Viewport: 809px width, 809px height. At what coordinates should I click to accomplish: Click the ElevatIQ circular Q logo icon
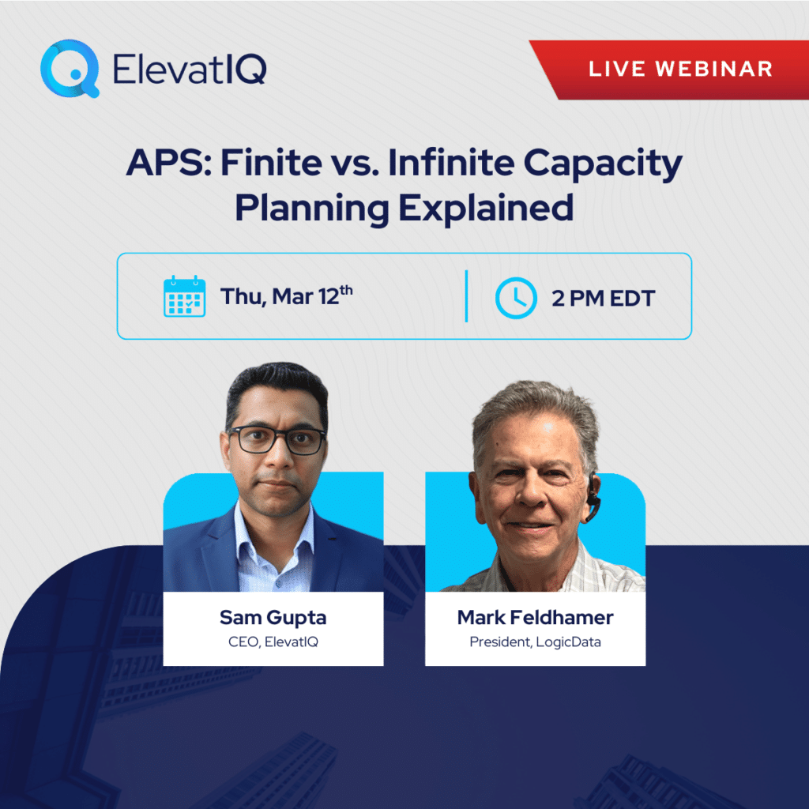(69, 69)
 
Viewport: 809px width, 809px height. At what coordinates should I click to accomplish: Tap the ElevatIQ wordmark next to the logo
(190, 70)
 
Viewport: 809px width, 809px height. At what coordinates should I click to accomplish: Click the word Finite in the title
(272, 163)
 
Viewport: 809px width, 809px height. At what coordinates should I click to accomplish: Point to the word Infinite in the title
(451, 163)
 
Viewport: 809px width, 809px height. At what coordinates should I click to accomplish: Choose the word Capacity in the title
(603, 165)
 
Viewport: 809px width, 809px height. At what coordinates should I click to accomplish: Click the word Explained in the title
(486, 209)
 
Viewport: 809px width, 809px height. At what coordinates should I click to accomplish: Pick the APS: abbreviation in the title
(169, 163)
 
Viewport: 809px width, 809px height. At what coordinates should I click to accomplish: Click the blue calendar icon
(184, 296)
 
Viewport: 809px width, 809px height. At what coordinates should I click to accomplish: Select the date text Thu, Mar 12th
(286, 296)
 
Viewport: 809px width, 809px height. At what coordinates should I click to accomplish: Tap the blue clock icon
(516, 298)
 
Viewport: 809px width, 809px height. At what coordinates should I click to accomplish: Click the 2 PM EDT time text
(603, 298)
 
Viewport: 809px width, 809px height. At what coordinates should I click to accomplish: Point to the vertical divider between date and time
(466, 296)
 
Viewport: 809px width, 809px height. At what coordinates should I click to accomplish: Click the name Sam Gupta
(273, 618)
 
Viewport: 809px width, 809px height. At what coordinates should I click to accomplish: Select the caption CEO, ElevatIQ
(273, 642)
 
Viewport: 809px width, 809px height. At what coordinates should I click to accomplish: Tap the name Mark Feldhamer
(535, 617)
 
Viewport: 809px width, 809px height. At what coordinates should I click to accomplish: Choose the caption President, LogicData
(535, 642)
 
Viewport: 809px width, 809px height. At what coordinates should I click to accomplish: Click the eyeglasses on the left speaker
(277, 439)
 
